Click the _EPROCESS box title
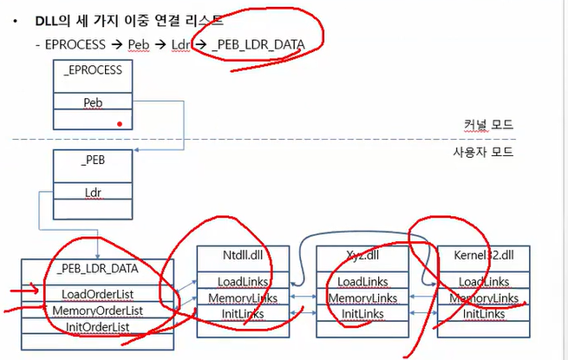point(93,69)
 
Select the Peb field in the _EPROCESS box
point(93,101)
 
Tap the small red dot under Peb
point(120,124)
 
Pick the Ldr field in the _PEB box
point(93,192)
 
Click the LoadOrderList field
point(98,293)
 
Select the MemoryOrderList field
point(98,311)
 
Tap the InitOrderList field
point(98,327)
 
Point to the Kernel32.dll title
point(484,257)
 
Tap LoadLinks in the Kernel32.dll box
point(483,282)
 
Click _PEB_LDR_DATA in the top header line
point(258,44)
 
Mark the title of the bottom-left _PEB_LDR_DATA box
point(98,269)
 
